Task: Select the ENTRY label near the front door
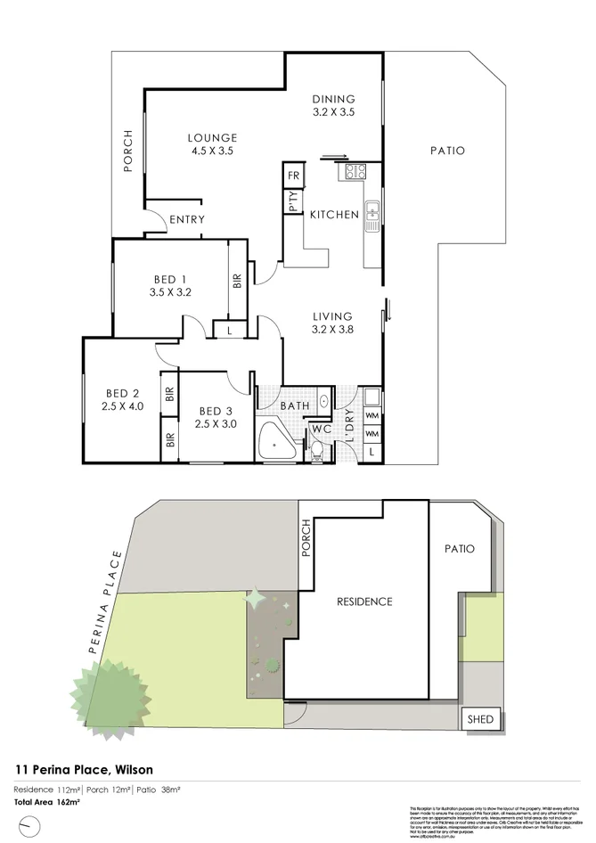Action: (186, 219)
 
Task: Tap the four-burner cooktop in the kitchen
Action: (356, 171)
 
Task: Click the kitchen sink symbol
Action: (371, 213)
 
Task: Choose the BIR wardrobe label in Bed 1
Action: (237, 280)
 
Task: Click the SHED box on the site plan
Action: (480, 718)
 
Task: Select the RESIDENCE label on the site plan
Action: (363, 602)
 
